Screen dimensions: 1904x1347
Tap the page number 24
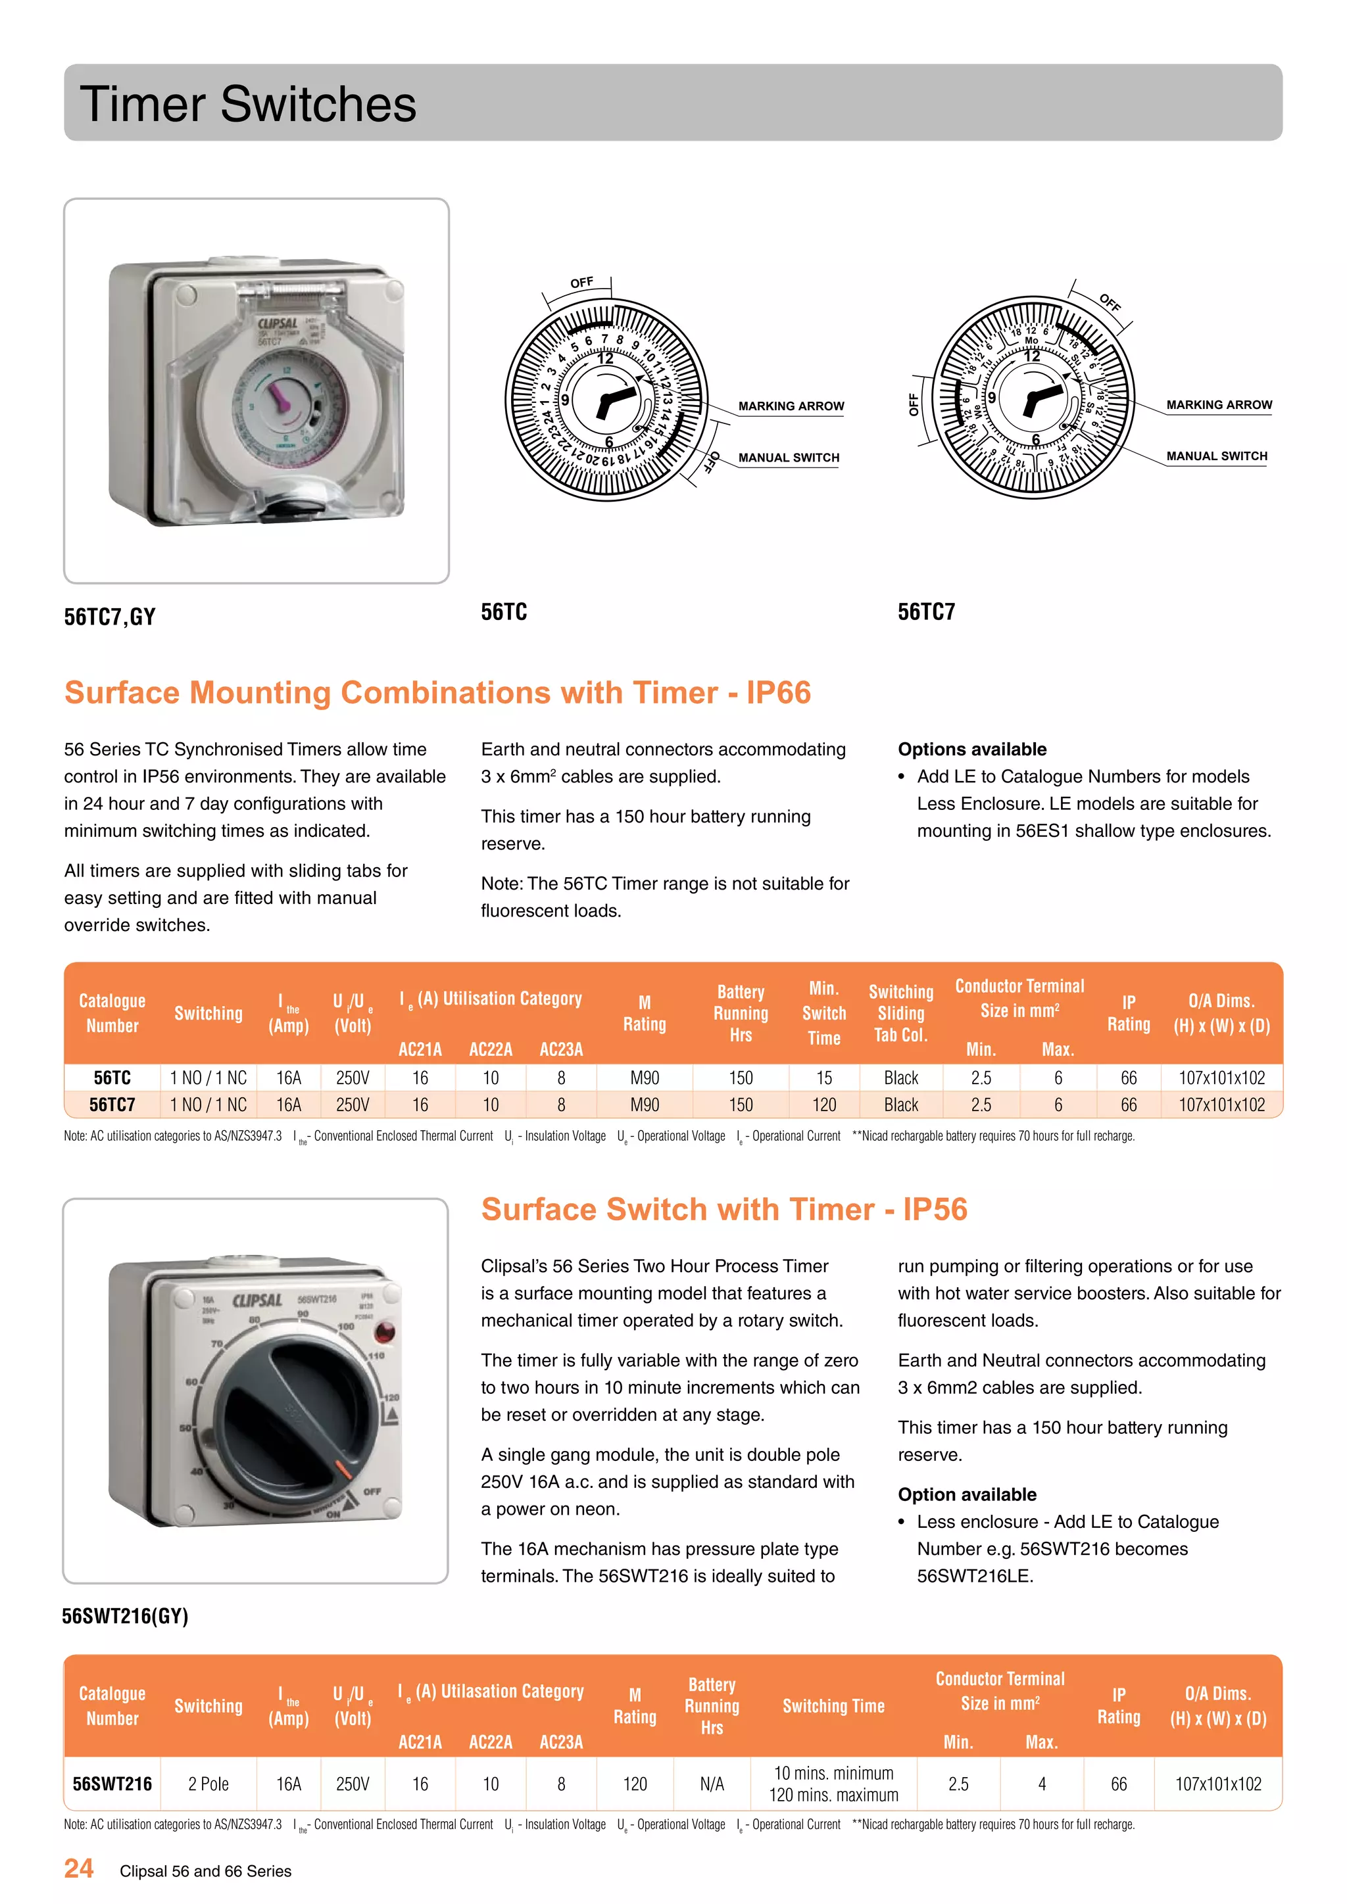point(79,1868)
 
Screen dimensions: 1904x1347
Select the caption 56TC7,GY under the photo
point(109,617)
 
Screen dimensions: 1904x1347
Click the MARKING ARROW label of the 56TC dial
point(791,406)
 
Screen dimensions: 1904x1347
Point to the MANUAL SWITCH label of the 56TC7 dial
point(1216,456)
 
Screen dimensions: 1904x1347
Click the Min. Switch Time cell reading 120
point(823,1105)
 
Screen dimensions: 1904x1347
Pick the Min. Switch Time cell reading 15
point(823,1078)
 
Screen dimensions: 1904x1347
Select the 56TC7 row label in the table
point(112,1105)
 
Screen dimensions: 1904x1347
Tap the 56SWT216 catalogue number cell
point(112,1784)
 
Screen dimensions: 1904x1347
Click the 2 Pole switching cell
point(208,1784)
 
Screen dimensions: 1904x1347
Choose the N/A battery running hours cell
point(712,1784)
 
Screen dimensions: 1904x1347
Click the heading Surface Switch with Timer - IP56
point(723,1210)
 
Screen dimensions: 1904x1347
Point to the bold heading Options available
point(971,750)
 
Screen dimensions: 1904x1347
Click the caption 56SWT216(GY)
point(125,1616)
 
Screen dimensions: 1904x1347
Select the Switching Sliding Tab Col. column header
point(901,1013)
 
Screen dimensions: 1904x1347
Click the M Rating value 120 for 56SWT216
point(635,1784)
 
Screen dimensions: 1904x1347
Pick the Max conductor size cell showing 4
point(1042,1784)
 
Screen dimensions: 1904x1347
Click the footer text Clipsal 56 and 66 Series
point(206,1871)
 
